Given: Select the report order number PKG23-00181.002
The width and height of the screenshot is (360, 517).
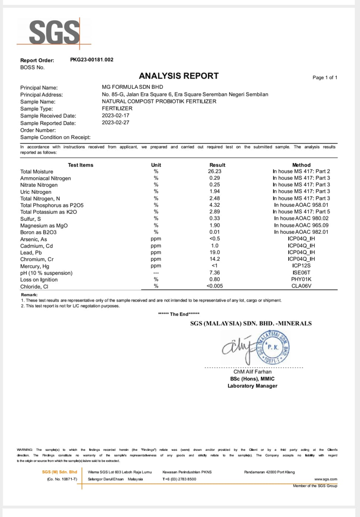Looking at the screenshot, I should [x=92, y=60].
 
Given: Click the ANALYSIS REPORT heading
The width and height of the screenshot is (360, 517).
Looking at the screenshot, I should [x=179, y=76].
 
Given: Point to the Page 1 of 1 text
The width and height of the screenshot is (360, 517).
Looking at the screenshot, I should [x=324, y=78].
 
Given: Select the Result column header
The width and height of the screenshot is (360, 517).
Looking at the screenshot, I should [x=217, y=165].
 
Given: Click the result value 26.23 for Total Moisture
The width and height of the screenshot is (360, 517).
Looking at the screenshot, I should [x=215, y=171].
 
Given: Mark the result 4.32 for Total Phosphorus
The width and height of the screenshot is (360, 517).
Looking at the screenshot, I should [x=215, y=205].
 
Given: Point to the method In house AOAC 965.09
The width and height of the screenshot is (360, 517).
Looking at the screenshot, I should [x=301, y=225].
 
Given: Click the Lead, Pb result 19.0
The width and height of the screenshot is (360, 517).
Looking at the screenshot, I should [x=215, y=252].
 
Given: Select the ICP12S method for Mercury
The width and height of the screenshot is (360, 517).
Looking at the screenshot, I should [x=301, y=266].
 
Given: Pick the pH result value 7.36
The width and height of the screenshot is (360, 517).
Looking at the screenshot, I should [x=215, y=273].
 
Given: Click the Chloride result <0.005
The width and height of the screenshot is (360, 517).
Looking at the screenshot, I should [x=215, y=286].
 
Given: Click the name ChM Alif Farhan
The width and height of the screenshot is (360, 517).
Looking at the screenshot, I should [x=252, y=372].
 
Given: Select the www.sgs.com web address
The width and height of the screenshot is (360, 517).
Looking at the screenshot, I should [x=326, y=479].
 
